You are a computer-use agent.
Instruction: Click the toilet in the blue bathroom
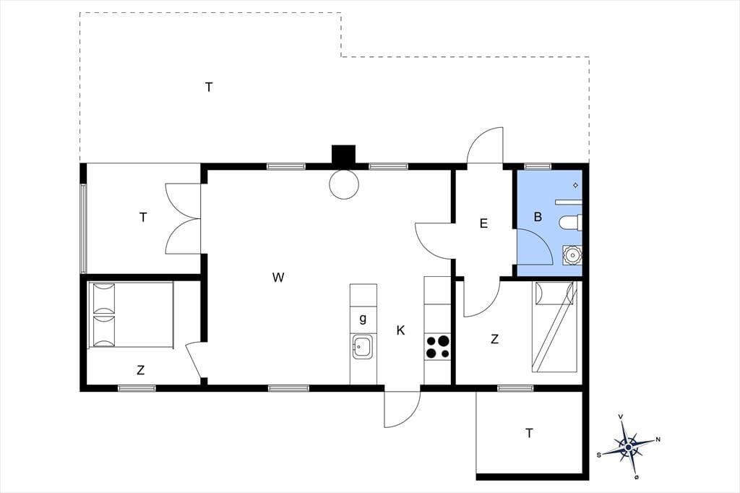(570, 223)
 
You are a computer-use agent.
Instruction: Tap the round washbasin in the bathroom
(572, 255)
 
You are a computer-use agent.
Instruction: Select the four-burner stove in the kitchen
(437, 347)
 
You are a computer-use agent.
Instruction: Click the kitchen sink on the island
(363, 347)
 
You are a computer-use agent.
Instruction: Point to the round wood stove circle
(343, 184)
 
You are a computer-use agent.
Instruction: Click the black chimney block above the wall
(343, 155)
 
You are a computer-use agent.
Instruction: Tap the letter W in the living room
(278, 277)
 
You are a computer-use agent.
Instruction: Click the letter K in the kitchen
(400, 330)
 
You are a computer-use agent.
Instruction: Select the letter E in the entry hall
(483, 223)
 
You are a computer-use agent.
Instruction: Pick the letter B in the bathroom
(538, 217)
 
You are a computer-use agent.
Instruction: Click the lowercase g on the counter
(363, 319)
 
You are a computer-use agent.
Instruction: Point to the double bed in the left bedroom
(131, 315)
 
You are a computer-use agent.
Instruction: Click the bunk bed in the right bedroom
(554, 326)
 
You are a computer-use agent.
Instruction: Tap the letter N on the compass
(658, 440)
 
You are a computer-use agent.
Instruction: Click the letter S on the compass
(599, 455)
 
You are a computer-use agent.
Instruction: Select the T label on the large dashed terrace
(209, 87)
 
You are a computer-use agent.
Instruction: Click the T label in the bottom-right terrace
(529, 432)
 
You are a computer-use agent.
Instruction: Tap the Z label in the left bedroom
(140, 370)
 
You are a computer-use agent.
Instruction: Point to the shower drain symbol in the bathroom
(575, 185)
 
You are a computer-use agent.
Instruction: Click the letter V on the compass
(621, 416)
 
